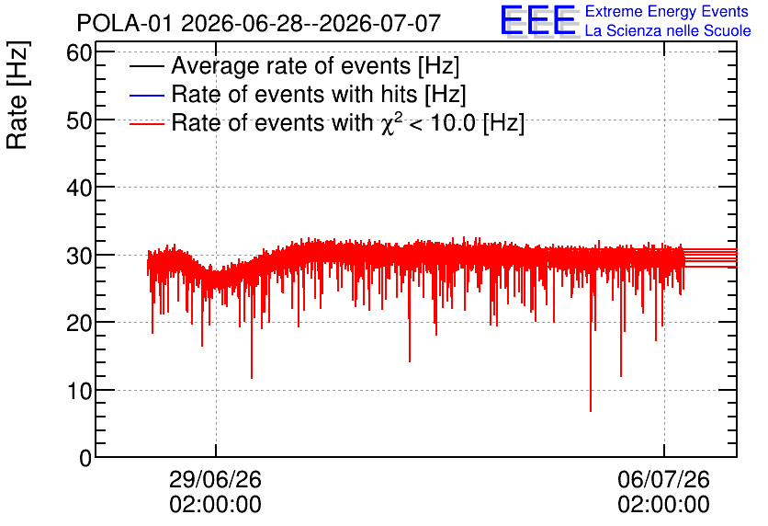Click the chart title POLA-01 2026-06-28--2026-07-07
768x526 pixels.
259,23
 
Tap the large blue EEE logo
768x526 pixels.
538,20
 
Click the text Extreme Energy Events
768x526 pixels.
667,11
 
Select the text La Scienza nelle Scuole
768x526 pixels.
668,31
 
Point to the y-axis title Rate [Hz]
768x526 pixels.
17,95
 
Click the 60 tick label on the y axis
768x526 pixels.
79,52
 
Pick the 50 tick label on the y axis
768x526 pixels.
79,120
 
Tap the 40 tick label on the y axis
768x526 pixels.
79,188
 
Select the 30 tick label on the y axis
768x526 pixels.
79,256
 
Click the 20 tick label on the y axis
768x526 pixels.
79,323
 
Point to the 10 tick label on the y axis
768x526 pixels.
79,391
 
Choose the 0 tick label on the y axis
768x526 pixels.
85,458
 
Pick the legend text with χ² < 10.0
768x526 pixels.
348,122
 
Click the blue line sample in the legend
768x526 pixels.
146,95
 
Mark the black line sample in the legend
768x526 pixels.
146,66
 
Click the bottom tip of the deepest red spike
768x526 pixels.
591,411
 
